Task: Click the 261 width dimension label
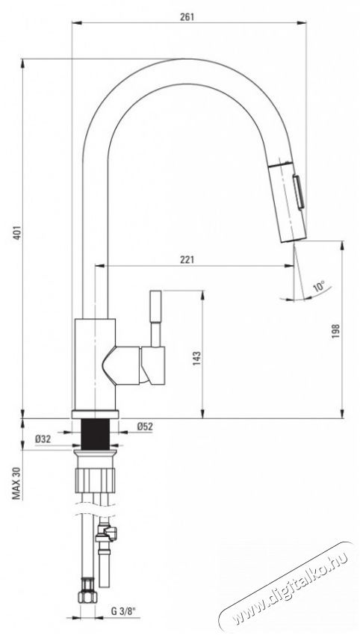coord(187,16)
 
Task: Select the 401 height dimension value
coord(16,232)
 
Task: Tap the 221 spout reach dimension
coord(187,259)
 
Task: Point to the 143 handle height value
coord(196,359)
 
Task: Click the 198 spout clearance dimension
coord(335,331)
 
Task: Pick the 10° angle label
coord(319,287)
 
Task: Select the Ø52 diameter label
coord(145,426)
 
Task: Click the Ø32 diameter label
coord(43,439)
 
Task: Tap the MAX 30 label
coord(16,483)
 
